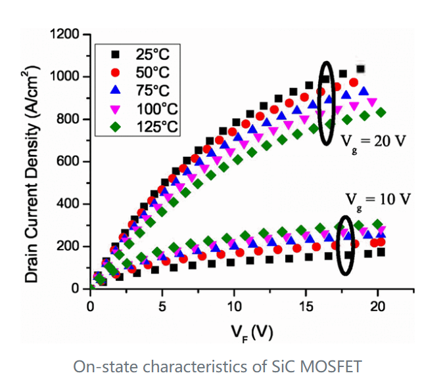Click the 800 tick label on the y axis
pyautogui.click(x=70, y=119)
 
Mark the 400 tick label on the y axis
pyautogui.click(x=70, y=204)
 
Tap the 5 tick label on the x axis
pyautogui.click(x=162, y=306)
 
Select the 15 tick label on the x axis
pyautogui.click(x=306, y=306)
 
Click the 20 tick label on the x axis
pyautogui.click(x=377, y=306)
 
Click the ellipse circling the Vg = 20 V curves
pyautogui.click(x=327, y=102)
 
